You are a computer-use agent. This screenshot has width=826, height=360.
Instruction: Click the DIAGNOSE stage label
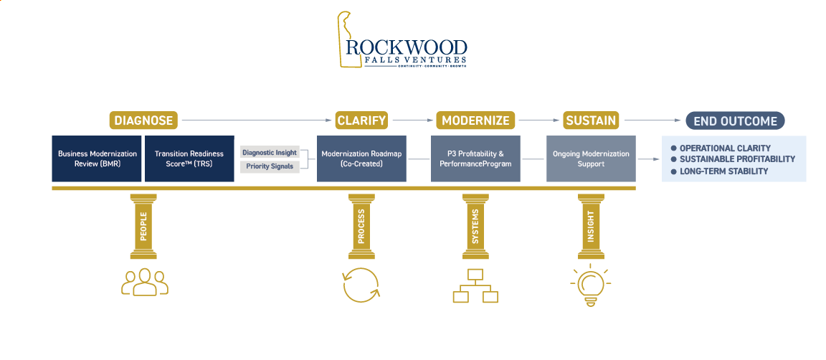click(143, 120)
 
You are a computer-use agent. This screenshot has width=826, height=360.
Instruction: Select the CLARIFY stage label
click(361, 120)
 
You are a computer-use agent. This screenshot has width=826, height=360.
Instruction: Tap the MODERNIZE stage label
click(475, 120)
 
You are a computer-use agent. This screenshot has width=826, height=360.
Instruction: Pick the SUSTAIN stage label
click(590, 120)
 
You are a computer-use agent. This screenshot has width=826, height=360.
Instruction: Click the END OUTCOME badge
click(735, 120)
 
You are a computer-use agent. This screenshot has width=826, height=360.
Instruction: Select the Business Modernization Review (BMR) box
click(97, 158)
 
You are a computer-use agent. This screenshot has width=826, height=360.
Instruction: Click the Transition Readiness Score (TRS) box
click(189, 158)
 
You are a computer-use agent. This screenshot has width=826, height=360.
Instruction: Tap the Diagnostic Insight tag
click(270, 153)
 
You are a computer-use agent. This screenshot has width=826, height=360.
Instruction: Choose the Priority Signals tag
click(270, 166)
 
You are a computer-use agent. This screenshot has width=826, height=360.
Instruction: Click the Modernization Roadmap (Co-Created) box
click(361, 158)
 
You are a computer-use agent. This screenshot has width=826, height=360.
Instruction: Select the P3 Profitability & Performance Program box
click(475, 158)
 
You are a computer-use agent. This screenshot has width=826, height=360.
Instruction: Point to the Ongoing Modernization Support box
click(591, 158)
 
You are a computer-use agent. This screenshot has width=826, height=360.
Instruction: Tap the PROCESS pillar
click(361, 226)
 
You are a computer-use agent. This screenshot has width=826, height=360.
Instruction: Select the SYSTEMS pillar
click(475, 226)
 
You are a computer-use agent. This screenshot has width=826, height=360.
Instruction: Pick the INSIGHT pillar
click(591, 226)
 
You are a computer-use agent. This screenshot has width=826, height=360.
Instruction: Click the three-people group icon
click(145, 282)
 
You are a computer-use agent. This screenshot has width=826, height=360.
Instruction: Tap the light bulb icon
click(591, 285)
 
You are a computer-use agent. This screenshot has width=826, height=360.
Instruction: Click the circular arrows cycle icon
click(361, 285)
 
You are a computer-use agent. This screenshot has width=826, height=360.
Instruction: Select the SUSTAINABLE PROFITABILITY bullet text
click(737, 159)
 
